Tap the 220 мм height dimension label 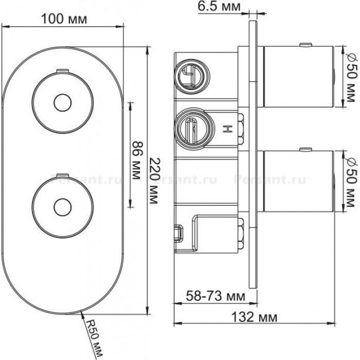[153, 181]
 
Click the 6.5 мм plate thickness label [219, 6]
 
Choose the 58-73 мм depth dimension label [215, 296]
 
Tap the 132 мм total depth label [254, 317]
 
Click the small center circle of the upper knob [63, 103]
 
